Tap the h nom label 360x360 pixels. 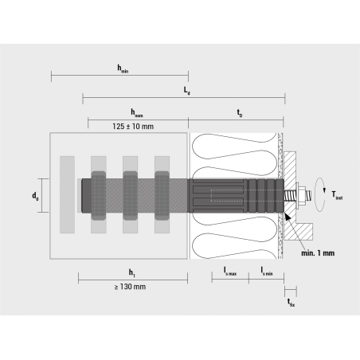[138, 113]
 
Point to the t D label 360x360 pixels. [239, 113]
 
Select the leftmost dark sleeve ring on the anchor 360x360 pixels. [98, 195]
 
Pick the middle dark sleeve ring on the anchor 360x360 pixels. [130, 195]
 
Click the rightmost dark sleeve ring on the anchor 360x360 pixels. [162, 195]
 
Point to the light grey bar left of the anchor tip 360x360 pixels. [67, 195]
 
